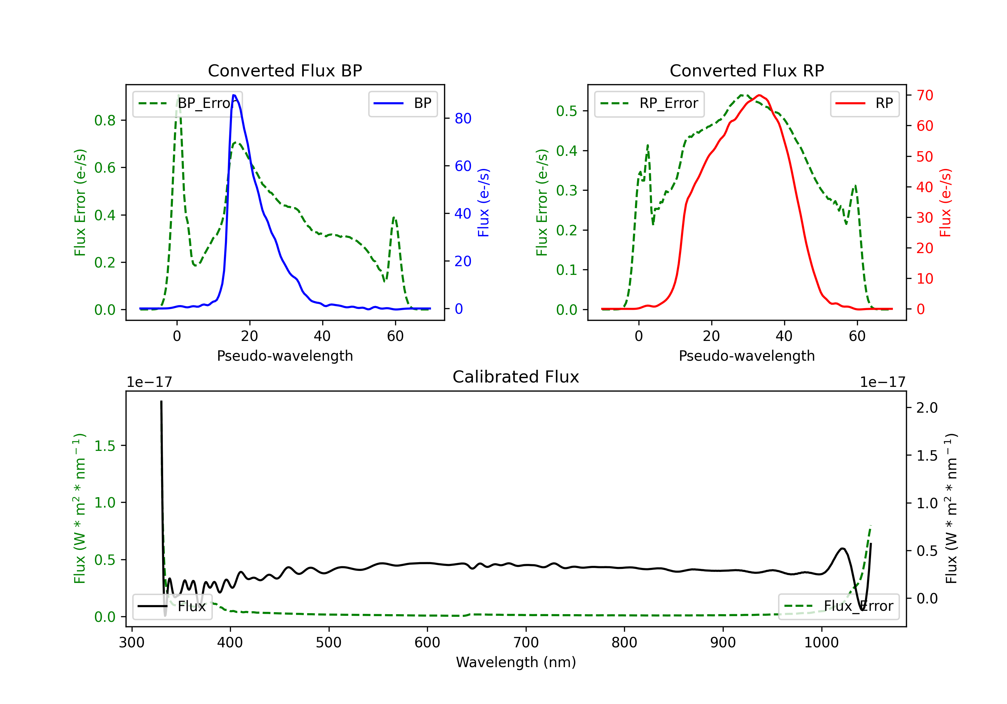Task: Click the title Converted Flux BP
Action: (285, 70)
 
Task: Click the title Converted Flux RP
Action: (747, 70)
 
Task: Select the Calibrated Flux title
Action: (516, 377)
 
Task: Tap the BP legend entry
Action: (402, 103)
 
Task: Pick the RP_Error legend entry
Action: (649, 103)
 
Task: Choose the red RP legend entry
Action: (864, 103)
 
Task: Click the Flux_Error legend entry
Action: (838, 606)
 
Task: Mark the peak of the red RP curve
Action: (759, 95)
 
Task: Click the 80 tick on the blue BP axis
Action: (463, 118)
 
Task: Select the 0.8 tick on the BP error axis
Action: (105, 120)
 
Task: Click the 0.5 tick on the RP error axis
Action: (567, 111)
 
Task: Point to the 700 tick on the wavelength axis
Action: (526, 643)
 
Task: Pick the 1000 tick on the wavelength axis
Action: (821, 643)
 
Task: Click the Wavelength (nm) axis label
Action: (516, 662)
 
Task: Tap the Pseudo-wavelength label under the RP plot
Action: (747, 356)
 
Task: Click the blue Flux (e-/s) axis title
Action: (483, 202)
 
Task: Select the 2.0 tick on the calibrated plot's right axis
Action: (927, 408)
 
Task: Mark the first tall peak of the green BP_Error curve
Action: (178, 96)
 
